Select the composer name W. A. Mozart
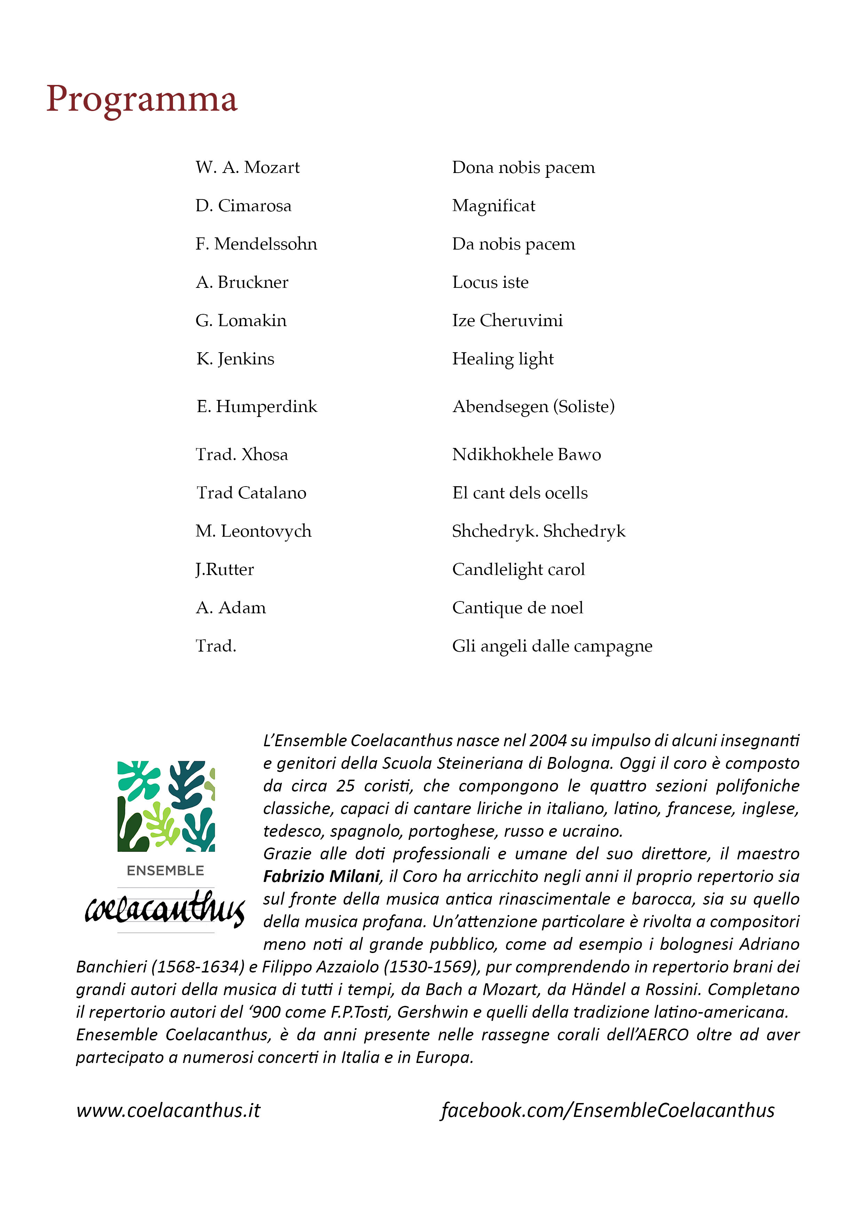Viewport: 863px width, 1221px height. pyautogui.click(x=247, y=167)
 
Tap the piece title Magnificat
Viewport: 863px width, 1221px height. pyautogui.click(x=493, y=206)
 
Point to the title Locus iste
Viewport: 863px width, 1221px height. pyautogui.click(x=490, y=282)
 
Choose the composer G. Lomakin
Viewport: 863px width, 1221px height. pyautogui.click(x=241, y=321)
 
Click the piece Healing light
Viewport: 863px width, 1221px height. pyautogui.click(x=502, y=359)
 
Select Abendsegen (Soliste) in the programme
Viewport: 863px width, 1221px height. pyautogui.click(x=533, y=407)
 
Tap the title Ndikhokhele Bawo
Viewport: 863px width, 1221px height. pyautogui.click(x=526, y=455)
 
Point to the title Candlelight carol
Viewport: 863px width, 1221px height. pyautogui.click(x=518, y=569)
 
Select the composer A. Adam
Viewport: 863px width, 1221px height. pyautogui.click(x=231, y=608)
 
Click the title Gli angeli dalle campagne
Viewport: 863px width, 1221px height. pyautogui.click(x=552, y=646)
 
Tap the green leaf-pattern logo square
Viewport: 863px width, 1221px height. pyautogui.click(x=166, y=806)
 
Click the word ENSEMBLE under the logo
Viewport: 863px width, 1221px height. pyautogui.click(x=165, y=871)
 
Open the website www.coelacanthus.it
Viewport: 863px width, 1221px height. pyautogui.click(x=168, y=1110)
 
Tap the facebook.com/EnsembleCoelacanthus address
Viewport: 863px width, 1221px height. pyautogui.click(x=607, y=1110)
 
